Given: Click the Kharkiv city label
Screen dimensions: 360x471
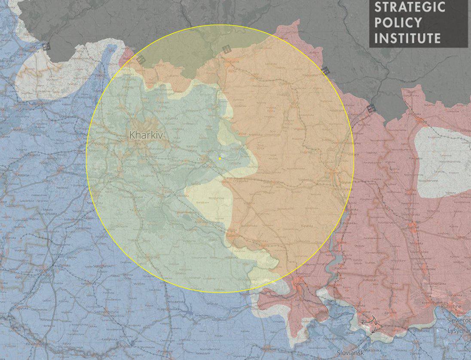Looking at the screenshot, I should tap(147, 135).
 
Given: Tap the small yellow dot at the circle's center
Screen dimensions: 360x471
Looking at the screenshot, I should tap(220, 159).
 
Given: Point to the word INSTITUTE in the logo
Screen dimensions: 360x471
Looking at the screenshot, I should tap(407, 38).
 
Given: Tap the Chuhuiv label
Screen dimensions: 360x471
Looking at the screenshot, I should tap(202, 159).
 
